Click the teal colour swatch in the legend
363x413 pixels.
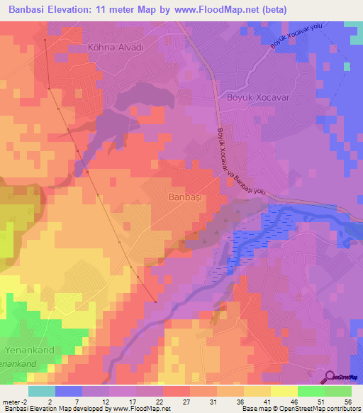(42, 391)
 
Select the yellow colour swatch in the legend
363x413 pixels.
(284, 391)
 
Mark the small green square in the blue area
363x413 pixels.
(347, 67)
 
